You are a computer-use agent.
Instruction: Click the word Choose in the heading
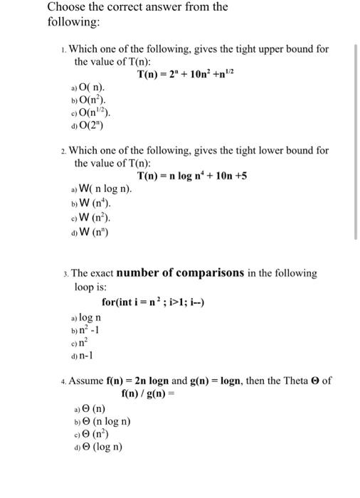[66, 8]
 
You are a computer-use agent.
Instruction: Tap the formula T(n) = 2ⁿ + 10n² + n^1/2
[192, 75]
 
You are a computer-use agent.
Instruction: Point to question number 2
[64, 151]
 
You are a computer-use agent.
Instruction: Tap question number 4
[64, 381]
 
